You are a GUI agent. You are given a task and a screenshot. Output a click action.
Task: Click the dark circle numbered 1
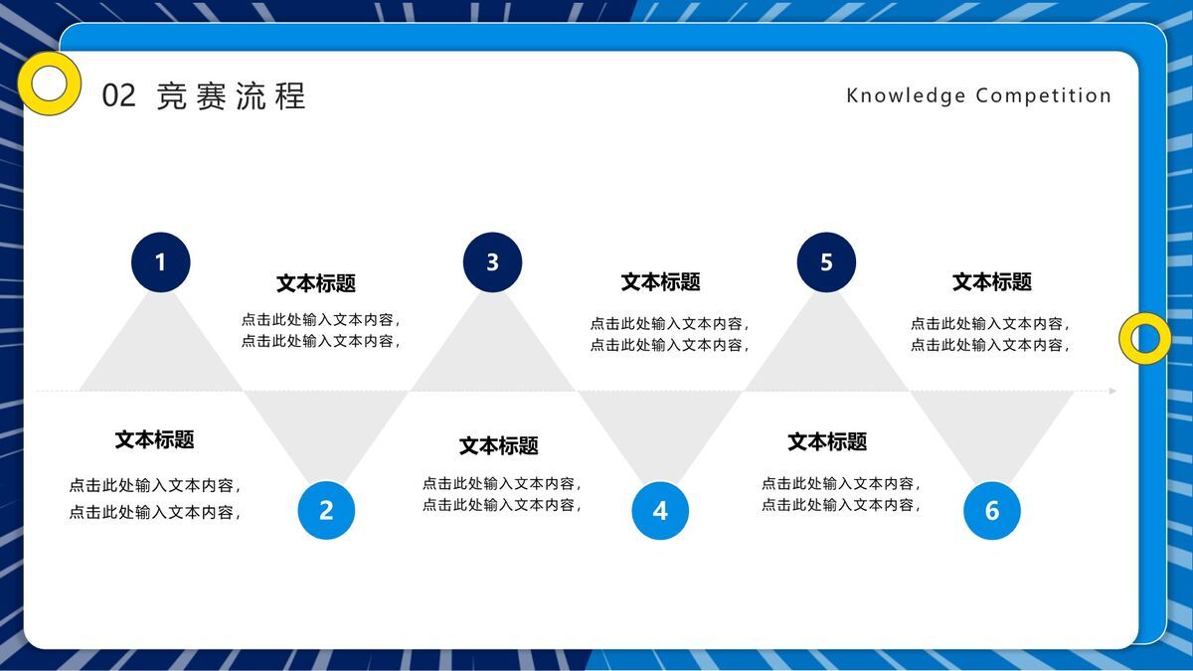160,262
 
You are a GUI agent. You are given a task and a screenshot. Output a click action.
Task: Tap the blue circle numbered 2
326,510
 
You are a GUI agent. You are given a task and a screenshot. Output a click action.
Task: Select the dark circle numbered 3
492,262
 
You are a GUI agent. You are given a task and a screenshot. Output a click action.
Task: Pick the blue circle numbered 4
660,511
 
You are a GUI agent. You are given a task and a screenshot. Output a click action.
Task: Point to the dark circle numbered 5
826,262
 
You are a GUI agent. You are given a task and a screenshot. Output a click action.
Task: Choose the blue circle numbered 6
991,511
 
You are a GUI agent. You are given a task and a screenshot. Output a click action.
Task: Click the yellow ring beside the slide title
49,84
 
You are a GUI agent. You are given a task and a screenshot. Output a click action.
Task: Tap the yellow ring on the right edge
1145,338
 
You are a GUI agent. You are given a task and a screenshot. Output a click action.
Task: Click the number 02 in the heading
118,96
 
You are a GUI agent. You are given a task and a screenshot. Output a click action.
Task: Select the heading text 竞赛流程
231,96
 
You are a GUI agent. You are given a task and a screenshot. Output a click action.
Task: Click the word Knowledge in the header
906,96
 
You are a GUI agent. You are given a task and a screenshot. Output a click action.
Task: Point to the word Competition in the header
1044,96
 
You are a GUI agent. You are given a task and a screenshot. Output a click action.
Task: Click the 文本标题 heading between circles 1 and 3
316,283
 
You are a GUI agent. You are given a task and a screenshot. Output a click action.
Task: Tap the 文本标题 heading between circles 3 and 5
661,282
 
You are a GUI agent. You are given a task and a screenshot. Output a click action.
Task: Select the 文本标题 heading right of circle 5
992,282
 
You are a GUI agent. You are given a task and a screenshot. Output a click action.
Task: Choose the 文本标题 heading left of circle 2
154,439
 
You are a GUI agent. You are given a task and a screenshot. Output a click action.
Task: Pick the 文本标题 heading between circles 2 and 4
499,445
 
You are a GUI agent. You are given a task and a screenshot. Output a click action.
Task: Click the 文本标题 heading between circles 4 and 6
827,441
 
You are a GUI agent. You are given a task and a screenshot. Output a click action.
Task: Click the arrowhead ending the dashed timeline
1112,391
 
